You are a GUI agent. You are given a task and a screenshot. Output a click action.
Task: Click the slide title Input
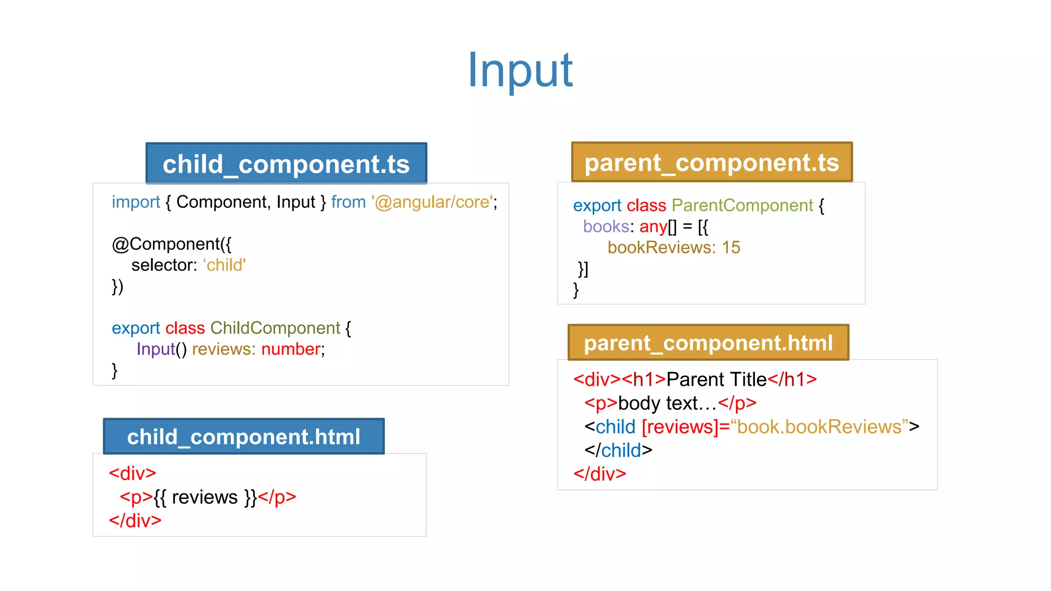pos(520,70)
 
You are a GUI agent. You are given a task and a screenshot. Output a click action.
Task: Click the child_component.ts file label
pos(286,164)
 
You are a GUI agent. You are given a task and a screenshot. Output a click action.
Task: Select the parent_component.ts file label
pos(712,163)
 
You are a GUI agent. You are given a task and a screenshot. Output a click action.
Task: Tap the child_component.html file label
pos(244,437)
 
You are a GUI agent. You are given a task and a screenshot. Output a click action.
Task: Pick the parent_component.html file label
pos(708,343)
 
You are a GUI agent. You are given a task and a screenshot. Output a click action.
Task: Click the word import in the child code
pos(136,202)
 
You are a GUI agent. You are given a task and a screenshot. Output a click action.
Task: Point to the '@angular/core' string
pos(433,202)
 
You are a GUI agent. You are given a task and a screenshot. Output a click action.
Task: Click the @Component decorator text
pos(171,244)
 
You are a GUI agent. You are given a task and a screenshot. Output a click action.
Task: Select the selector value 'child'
pos(225,265)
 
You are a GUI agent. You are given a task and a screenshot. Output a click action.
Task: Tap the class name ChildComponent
pos(275,328)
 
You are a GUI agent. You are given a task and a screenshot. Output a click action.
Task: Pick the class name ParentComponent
pos(742,205)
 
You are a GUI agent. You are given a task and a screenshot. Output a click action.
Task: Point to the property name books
pos(606,226)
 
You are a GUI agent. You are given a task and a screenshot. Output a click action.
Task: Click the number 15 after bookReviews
pos(731,248)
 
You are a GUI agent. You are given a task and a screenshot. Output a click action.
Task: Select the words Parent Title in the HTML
pos(716,380)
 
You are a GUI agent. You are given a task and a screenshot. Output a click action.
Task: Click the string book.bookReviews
pos(819,427)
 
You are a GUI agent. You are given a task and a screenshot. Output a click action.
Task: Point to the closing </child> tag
pos(618,450)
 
